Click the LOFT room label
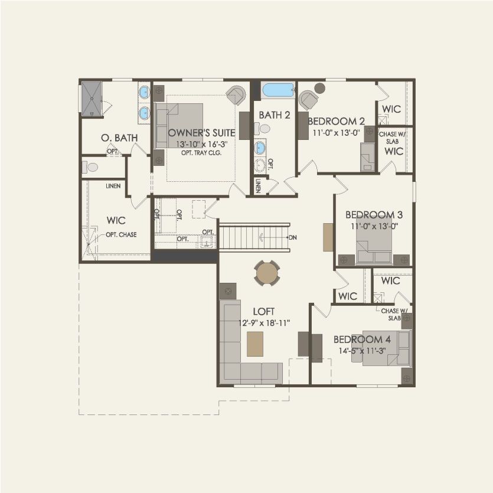tap(264, 311)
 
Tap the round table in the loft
tap(267, 273)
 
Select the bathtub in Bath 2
tap(277, 90)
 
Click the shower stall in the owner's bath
tap(92, 97)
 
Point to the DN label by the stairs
tap(293, 237)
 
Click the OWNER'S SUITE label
tap(201, 132)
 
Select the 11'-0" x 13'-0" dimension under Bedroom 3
tap(373, 226)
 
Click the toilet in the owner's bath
tap(90, 168)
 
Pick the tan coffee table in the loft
tap(255, 344)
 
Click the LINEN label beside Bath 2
tap(259, 186)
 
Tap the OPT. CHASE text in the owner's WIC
tap(121, 234)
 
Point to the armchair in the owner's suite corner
tap(236, 95)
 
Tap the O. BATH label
tap(119, 138)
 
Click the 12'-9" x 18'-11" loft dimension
tap(264, 322)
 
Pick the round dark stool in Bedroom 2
tap(319, 89)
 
